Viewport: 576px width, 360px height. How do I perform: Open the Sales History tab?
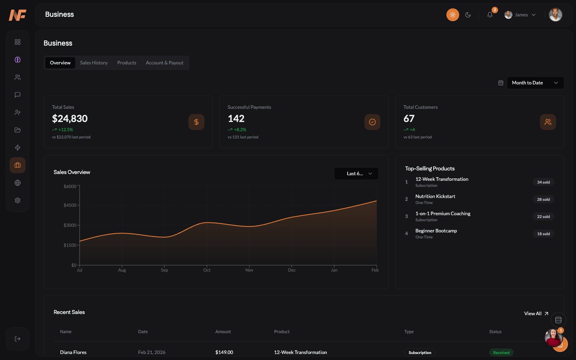pyautogui.click(x=94, y=63)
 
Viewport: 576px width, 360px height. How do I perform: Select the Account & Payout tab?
pyautogui.click(x=164, y=63)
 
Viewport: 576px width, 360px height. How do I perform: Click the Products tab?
pyautogui.click(x=126, y=63)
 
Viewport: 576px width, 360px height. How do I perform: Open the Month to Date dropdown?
pyautogui.click(x=535, y=83)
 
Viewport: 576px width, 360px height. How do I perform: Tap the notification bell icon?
pyautogui.click(x=490, y=15)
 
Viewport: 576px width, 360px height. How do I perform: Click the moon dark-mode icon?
pyautogui.click(x=468, y=15)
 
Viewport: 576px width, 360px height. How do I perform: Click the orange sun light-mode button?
pyautogui.click(x=452, y=15)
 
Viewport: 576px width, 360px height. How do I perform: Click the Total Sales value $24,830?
pyautogui.click(x=70, y=119)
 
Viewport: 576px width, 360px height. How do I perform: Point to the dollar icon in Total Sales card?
pyautogui.click(x=196, y=122)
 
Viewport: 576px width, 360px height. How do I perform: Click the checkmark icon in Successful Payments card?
pyautogui.click(x=372, y=122)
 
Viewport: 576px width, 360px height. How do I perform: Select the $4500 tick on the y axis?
pyautogui.click(x=70, y=205)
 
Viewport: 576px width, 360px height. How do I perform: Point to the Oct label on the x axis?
pyautogui.click(x=207, y=270)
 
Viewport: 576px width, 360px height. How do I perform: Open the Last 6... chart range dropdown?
pyautogui.click(x=356, y=174)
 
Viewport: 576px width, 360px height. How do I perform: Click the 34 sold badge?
pyautogui.click(x=543, y=182)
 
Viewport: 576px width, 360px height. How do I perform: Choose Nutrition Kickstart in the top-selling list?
pyautogui.click(x=435, y=196)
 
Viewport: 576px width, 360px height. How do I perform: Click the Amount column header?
pyautogui.click(x=223, y=332)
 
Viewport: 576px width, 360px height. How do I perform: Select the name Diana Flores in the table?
pyautogui.click(x=73, y=352)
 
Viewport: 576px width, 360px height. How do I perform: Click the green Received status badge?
pyautogui.click(x=501, y=352)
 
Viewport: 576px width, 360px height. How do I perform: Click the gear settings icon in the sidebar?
pyautogui.click(x=18, y=200)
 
